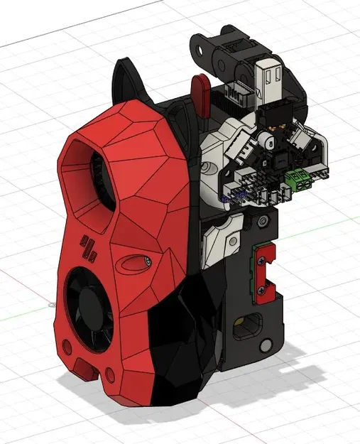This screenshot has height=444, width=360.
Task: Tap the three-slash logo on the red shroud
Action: [x=89, y=247]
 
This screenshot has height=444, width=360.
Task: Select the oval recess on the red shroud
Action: [x=135, y=264]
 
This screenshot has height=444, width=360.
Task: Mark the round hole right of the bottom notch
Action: [x=111, y=375]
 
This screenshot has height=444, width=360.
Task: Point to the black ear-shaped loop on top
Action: [x=126, y=78]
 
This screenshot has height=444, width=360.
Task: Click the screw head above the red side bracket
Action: [x=263, y=223]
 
